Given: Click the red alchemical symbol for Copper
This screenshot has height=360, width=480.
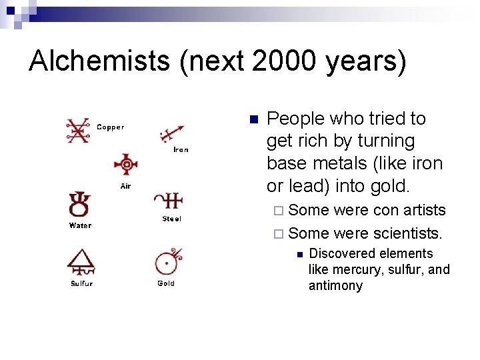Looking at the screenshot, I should tap(78, 131).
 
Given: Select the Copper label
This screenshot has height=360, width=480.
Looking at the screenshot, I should tap(110, 127).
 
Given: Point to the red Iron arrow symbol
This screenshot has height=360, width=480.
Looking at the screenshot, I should tap(172, 133).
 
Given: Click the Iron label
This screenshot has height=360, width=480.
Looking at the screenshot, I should tap(181, 149).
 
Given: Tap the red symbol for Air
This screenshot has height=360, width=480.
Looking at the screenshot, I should tap(125, 165).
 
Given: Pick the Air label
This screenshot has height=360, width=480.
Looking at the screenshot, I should tap(125, 186).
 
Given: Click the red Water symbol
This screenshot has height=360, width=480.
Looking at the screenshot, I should tap(79, 204).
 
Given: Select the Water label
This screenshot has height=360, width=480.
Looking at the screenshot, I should tap(80, 225).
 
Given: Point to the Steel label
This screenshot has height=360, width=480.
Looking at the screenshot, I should tap(171, 219).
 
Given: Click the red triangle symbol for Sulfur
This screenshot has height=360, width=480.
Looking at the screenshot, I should tap(81, 262).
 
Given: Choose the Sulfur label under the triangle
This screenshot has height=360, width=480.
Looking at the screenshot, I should tap(81, 283).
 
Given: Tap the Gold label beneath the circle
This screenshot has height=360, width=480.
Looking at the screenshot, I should tap(166, 283).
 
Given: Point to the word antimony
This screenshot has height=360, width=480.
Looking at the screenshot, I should tap(335, 285).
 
